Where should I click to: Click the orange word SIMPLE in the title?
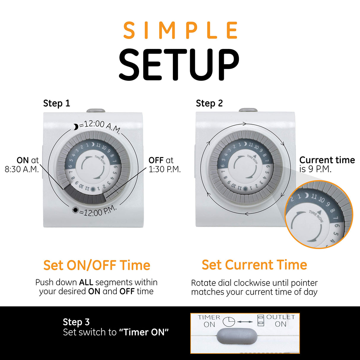(180, 30)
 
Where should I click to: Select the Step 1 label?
(56, 103)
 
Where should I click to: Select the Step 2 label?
(209, 103)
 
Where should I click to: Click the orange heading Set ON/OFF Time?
(97, 265)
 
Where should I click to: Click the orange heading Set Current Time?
(254, 265)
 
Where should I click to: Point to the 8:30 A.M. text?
(22, 169)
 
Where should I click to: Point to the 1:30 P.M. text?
(165, 169)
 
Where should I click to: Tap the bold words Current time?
(327, 160)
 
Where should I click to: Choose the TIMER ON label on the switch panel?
(209, 321)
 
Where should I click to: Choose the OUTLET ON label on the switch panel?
(281, 321)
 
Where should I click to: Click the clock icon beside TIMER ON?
(229, 321)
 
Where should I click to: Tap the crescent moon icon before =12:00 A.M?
(76, 127)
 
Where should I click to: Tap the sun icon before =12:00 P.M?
(75, 211)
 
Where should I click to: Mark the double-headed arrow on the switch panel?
(245, 322)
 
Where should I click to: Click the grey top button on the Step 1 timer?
(96, 111)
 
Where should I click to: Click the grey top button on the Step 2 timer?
(248, 110)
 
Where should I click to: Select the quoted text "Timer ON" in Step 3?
(144, 332)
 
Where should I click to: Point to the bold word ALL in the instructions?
(86, 282)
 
